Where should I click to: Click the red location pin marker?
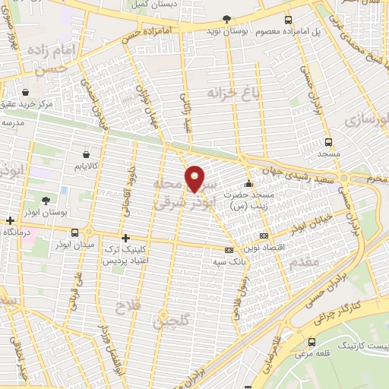click(x=196, y=179)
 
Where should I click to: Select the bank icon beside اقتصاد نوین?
click(x=263, y=236)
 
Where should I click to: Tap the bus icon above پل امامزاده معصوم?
click(x=287, y=20)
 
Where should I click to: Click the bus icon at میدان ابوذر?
click(x=74, y=232)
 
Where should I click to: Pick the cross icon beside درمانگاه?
click(x=8, y=222)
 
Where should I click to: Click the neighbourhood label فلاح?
click(x=122, y=305)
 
